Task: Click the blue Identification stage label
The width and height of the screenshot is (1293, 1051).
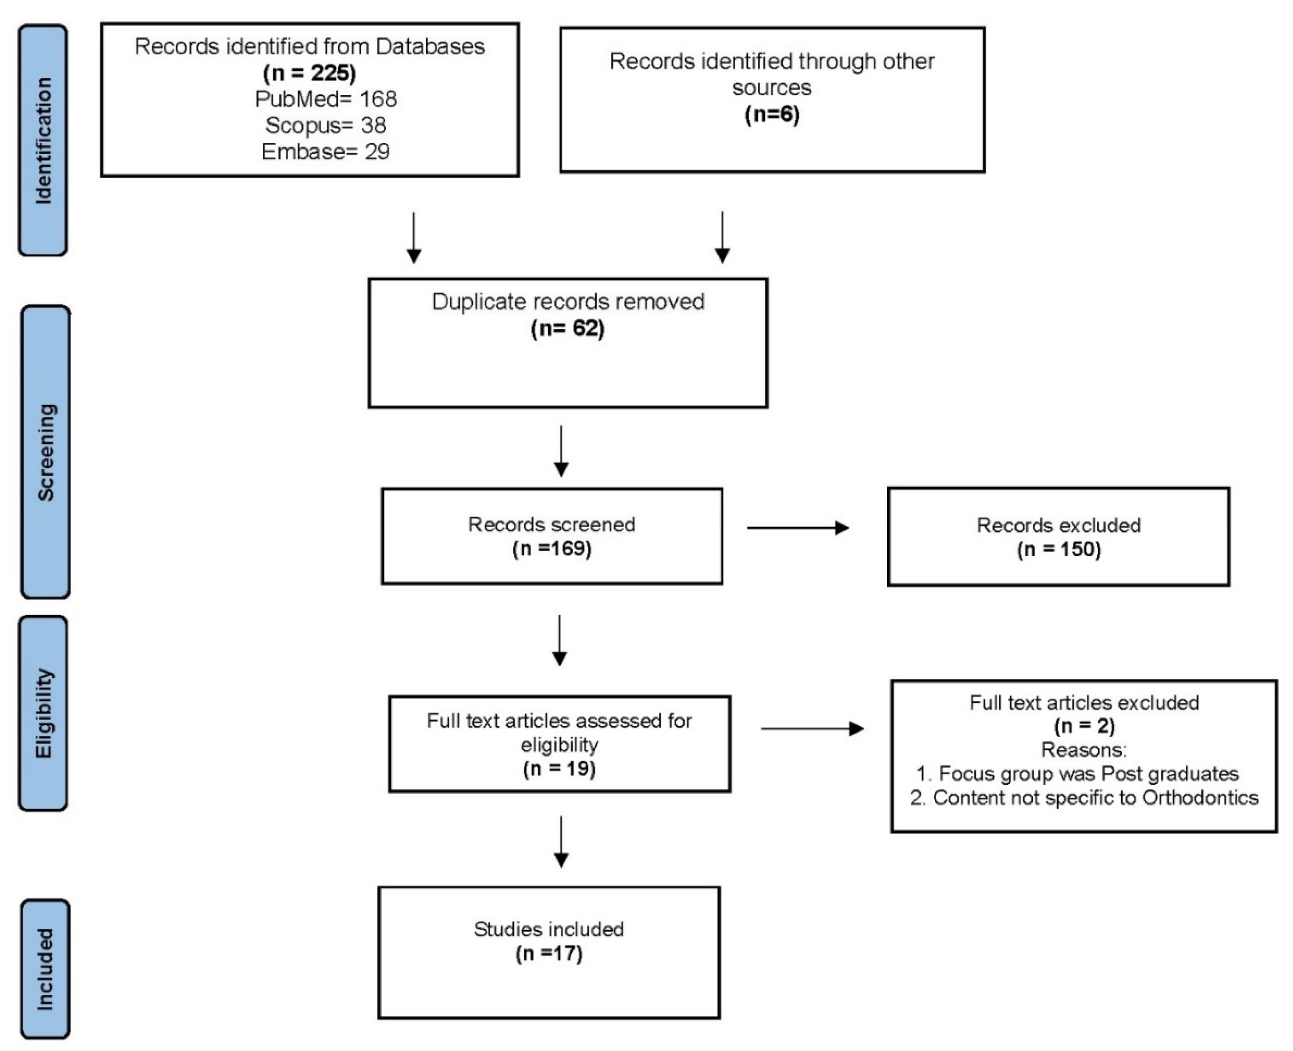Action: coord(43,140)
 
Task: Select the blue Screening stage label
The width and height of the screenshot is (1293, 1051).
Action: coord(46,452)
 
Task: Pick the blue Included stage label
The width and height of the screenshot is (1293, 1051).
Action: coord(45,969)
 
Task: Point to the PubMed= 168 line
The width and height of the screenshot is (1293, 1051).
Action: coord(326,99)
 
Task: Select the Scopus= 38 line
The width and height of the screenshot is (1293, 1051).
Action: coord(326,125)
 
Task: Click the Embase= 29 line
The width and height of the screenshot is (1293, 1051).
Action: coord(326,151)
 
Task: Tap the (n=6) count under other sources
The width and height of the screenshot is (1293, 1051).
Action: coord(772,114)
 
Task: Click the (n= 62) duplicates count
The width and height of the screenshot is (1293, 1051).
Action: coord(568,328)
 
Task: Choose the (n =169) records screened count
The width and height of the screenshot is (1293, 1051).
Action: coord(552,549)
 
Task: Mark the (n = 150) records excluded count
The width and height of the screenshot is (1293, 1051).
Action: coord(1059,550)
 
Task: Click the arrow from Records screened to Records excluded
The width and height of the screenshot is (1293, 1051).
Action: coord(798,528)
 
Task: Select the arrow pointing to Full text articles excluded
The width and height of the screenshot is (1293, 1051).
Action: coord(812,728)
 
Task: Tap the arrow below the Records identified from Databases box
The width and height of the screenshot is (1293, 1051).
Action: coord(414,237)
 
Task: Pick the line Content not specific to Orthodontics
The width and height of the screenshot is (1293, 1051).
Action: coord(1084,798)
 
